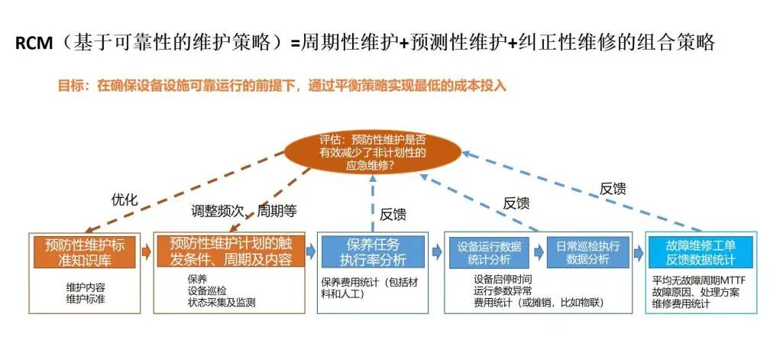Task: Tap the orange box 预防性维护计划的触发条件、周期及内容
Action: (231, 251)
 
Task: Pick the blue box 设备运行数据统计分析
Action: (489, 252)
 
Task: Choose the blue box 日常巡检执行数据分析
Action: (588, 252)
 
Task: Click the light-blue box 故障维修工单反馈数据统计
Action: (701, 251)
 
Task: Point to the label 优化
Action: (125, 200)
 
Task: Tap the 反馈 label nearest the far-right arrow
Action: (613, 188)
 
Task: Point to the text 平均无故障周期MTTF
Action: (698, 281)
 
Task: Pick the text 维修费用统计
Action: (680, 303)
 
